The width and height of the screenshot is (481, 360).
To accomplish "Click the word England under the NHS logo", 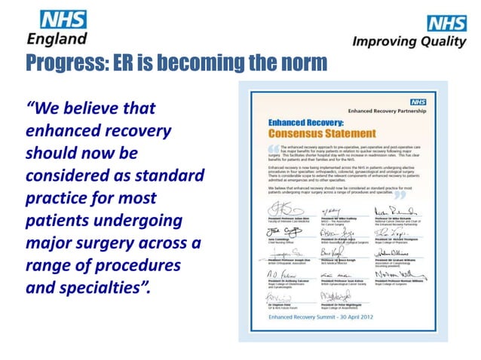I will point(56,37).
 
